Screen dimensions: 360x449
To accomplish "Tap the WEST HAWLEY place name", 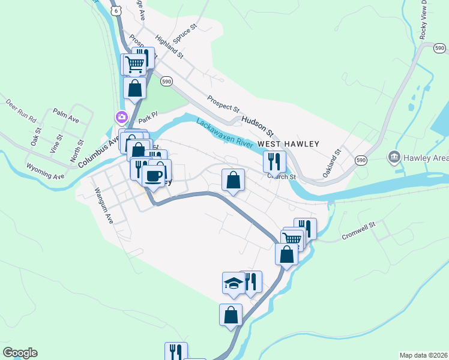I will pyautogui.click(x=288, y=144).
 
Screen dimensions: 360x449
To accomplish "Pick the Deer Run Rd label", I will pyautogui.click(x=21, y=109).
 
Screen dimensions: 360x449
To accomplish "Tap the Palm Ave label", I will pyautogui.click(x=65, y=115).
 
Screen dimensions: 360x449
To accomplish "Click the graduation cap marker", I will pyautogui.click(x=233, y=283).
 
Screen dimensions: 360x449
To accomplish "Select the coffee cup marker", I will pyautogui.click(x=154, y=176).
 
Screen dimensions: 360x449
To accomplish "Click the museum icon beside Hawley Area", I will pyautogui.click(x=394, y=158).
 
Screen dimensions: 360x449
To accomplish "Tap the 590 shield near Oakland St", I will pyautogui.click(x=361, y=160).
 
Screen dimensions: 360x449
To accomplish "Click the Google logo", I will pyautogui.click(x=20, y=353).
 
